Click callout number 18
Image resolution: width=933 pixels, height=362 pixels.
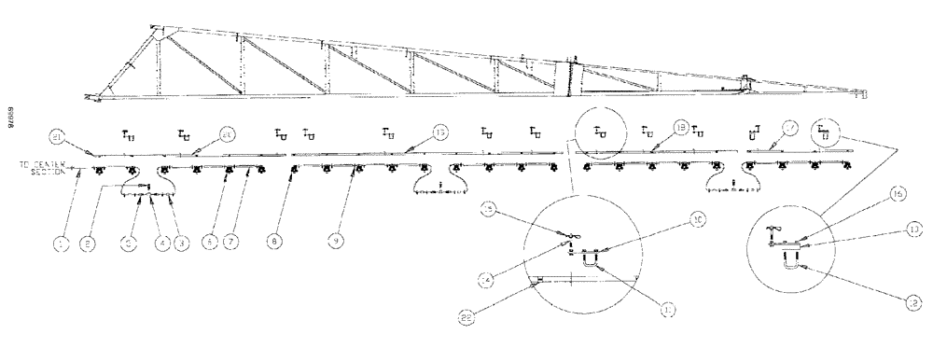click(680, 128)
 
